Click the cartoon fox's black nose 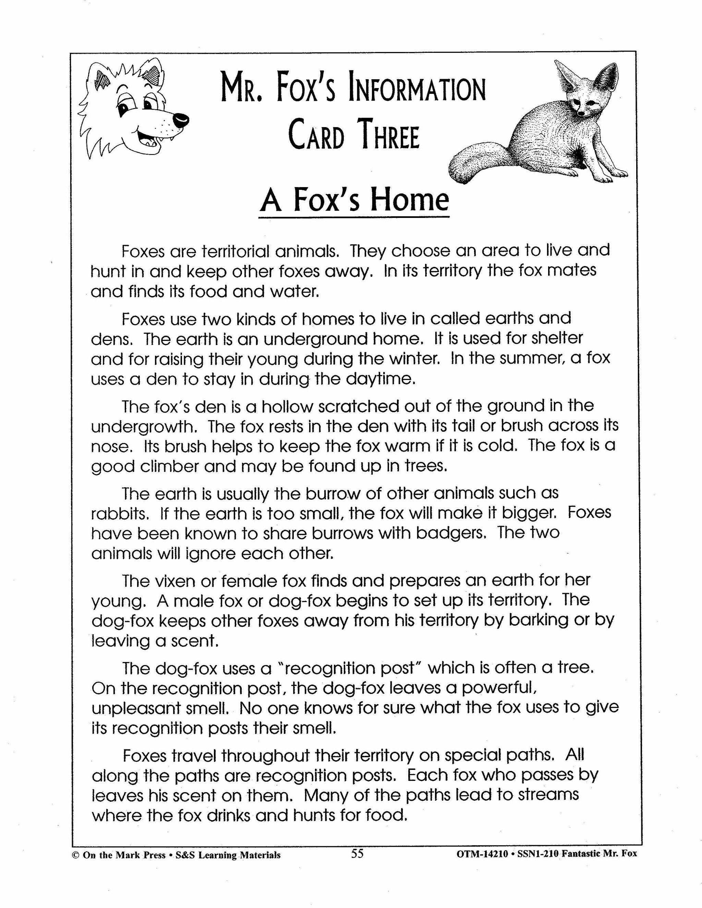click(181, 120)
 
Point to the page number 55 click(357, 854)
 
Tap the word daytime click(384, 380)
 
